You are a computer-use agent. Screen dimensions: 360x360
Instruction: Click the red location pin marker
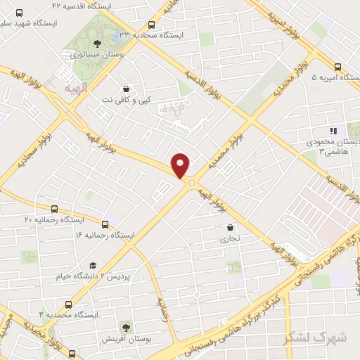181,165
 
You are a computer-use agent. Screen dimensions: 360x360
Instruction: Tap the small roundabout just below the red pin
191,182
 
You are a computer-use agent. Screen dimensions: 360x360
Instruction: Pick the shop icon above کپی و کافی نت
126,89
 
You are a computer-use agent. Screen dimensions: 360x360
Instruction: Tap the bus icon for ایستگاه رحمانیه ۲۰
55,209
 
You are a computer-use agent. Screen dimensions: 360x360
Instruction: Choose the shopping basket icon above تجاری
231,227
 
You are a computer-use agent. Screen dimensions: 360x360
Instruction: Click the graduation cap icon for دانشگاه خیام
92,265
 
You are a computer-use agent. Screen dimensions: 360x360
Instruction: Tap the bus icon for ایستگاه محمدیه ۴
68,304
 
